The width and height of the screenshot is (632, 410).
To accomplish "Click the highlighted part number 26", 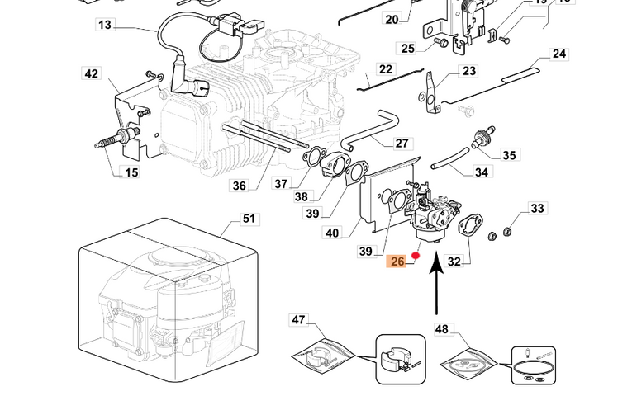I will (398, 262).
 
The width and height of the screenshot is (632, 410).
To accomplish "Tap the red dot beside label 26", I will (416, 256).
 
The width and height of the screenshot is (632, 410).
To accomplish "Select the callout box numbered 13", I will (104, 26).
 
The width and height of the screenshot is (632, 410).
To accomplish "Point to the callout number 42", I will (91, 74).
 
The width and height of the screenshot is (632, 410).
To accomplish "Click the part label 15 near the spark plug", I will (131, 172).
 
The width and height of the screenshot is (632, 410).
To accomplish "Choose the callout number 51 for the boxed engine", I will (249, 219).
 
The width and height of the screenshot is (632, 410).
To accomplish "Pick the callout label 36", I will (239, 186).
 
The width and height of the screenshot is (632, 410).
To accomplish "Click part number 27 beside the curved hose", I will (402, 144).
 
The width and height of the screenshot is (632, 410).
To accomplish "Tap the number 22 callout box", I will (386, 69).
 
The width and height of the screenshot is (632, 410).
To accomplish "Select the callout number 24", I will (559, 54).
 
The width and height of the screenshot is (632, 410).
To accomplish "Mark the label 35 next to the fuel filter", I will (509, 155).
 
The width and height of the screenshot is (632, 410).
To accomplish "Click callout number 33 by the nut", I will (538, 209).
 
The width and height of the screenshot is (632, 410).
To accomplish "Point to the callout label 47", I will (298, 318).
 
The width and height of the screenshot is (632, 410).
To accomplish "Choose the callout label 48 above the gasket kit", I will (442, 329).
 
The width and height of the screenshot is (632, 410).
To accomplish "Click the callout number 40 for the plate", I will (332, 233).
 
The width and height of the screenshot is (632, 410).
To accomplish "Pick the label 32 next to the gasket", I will (454, 262).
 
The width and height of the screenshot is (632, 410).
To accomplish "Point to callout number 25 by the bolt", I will (407, 49).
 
